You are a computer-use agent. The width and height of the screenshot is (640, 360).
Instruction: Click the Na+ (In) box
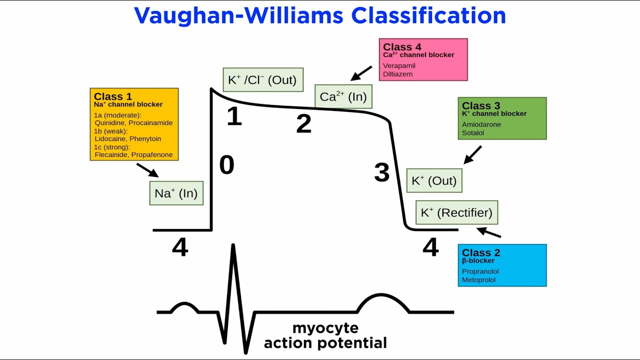click(176, 193)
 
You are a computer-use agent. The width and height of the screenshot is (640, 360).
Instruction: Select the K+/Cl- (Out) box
click(262, 80)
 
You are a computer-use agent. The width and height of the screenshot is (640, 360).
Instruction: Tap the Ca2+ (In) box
click(343, 96)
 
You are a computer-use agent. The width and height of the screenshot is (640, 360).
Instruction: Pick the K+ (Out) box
click(434, 180)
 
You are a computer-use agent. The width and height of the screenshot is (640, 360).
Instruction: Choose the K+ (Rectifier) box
click(456, 212)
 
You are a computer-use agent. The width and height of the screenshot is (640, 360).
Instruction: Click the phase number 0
click(226, 165)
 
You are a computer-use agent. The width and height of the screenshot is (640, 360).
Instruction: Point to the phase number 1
click(234, 116)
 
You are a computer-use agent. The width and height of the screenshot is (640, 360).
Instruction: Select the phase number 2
click(303, 124)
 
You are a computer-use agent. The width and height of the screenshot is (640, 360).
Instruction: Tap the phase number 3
click(381, 172)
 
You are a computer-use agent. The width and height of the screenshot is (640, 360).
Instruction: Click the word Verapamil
click(399, 65)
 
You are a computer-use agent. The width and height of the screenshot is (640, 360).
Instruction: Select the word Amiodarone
click(481, 124)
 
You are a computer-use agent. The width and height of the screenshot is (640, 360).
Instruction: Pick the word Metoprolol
click(478, 280)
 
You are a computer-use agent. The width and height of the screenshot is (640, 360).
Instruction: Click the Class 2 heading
click(480, 252)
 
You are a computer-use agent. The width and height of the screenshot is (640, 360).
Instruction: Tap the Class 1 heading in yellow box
click(112, 96)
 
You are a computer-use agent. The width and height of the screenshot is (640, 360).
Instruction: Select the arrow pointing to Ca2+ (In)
click(361, 73)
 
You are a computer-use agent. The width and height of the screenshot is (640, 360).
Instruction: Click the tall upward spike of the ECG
click(233, 265)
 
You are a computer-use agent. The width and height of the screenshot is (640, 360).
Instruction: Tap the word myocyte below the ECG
click(325, 328)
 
